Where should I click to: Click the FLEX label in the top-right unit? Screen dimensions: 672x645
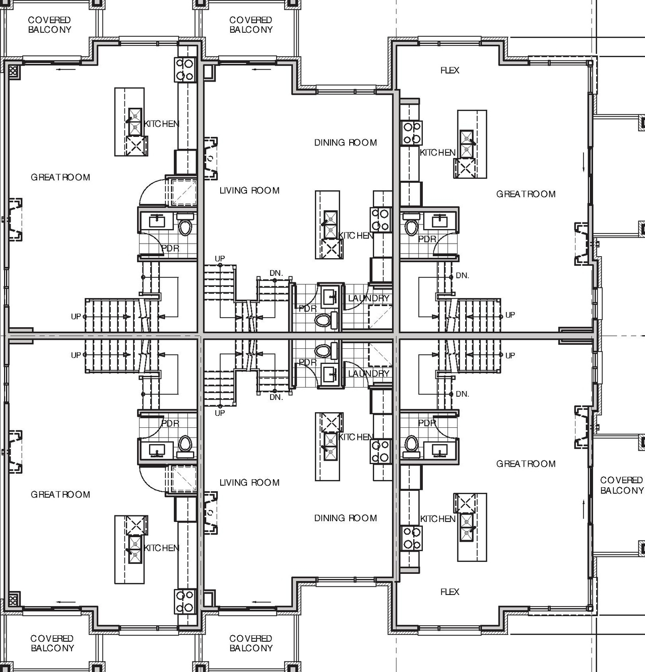pyautogui.click(x=449, y=70)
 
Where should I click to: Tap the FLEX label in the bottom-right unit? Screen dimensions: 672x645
pyautogui.click(x=449, y=592)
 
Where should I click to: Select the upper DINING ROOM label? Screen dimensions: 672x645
pyautogui.click(x=345, y=143)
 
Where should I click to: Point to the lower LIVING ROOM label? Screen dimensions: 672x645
pyautogui.click(x=249, y=483)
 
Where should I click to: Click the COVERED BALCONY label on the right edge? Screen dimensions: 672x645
pyautogui.click(x=621, y=485)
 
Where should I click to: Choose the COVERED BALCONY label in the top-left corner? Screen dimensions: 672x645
pyautogui.click(x=49, y=25)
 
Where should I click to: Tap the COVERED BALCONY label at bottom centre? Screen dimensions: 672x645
pyautogui.click(x=250, y=643)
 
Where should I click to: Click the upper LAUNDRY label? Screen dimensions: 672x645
pyautogui.click(x=368, y=298)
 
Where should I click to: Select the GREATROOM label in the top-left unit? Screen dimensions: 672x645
pyautogui.click(x=60, y=177)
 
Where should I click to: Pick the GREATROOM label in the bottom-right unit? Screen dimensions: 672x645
pyautogui.click(x=526, y=464)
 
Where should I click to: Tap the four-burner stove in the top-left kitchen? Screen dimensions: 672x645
pyautogui.click(x=184, y=69)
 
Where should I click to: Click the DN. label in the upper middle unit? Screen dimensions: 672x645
pyautogui.click(x=276, y=273)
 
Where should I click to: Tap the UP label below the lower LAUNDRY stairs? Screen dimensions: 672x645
pyautogui.click(x=220, y=413)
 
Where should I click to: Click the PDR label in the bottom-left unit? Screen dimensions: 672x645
pyautogui.click(x=170, y=423)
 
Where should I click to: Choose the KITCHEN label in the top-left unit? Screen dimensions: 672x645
pyautogui.click(x=161, y=124)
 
